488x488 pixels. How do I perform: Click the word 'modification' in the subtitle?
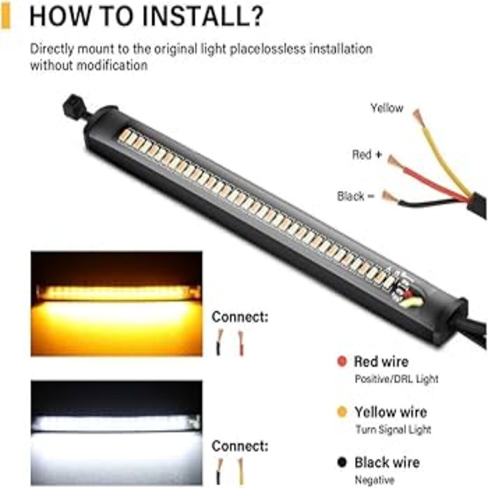tap(112, 66)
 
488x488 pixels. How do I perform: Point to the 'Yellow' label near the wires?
tap(387, 108)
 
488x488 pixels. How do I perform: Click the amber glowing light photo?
tap(117, 304)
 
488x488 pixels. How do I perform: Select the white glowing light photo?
tap(117, 432)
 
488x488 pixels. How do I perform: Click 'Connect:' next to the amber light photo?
tap(239, 317)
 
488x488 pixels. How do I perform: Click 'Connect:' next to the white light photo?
tap(239, 446)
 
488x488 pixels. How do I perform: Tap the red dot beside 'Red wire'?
tap(342, 361)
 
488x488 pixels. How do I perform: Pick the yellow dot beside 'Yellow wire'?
tap(342, 412)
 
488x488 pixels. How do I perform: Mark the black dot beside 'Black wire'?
tap(342, 462)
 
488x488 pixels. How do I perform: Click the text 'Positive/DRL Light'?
tap(397, 379)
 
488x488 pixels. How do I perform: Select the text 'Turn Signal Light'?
tap(394, 430)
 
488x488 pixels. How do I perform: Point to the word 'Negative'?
tap(375, 479)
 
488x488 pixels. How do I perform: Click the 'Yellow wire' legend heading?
tap(390, 412)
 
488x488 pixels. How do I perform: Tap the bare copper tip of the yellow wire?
tap(419, 117)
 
